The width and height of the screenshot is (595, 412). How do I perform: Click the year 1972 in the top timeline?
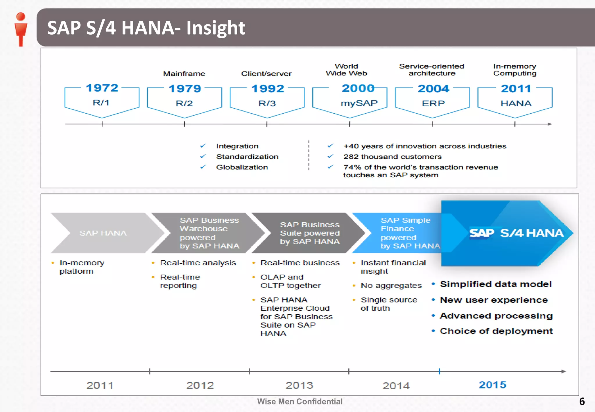pos(102,88)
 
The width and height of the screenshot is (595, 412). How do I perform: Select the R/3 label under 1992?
pos(267,103)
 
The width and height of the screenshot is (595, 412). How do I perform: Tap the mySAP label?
pos(359,103)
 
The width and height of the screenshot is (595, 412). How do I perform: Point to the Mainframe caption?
pos(184,74)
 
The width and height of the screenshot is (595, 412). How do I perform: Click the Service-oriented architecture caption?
pos(432,70)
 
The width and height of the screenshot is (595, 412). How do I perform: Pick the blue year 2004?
pos(433,88)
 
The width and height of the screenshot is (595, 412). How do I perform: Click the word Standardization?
pos(247,157)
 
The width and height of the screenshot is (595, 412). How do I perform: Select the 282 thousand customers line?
pos(392,157)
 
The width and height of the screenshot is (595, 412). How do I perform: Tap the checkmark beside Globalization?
pos(203,167)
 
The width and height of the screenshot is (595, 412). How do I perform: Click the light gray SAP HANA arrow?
pos(103,233)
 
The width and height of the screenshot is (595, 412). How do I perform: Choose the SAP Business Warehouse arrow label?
pos(209,233)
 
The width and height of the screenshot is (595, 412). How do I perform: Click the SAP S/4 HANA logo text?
pos(516,233)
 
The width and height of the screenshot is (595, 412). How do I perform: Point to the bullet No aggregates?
pos(391,286)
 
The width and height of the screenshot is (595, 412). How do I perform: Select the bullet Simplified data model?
pos(495,284)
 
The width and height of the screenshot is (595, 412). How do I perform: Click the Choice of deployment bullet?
pos(496,331)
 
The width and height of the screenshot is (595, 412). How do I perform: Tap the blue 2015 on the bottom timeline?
pos(492,385)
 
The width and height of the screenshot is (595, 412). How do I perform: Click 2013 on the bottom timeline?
pos(299,385)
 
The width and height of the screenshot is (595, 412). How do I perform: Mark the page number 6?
pos(582,402)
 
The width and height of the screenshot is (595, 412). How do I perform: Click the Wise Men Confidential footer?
pos(300,402)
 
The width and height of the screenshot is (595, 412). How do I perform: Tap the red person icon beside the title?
pos(21,29)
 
